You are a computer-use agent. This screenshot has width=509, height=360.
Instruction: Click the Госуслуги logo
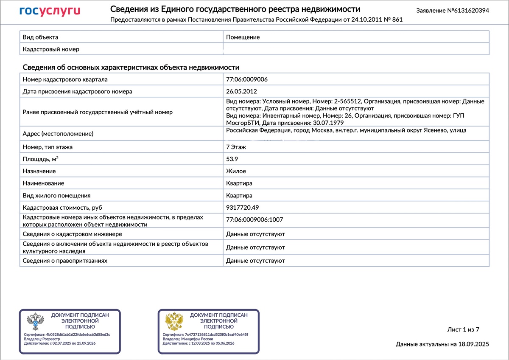tap(50, 11)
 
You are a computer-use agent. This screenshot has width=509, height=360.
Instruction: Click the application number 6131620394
tap(468, 11)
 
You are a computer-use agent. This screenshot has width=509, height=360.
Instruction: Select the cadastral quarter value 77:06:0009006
tap(247, 79)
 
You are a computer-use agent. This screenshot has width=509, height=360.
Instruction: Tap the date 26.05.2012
tap(241, 91)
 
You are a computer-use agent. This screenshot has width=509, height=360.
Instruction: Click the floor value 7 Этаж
tap(236, 147)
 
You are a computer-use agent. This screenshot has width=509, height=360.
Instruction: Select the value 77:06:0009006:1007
tap(255, 220)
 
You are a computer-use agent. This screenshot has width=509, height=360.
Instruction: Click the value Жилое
tap(236, 171)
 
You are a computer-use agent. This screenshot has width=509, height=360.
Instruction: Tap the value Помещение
tap(243, 37)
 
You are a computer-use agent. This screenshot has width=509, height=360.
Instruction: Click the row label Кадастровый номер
tap(51, 49)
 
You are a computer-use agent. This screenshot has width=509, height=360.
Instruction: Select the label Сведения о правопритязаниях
tap(65, 261)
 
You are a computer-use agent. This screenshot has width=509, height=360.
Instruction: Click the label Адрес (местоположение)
tap(57, 134)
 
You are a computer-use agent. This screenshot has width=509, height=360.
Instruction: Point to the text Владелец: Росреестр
tap(42, 339)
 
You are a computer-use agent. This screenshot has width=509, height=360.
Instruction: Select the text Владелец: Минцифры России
tap(187, 339)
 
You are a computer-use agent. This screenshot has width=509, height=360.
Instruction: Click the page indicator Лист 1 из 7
tap(463, 329)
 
